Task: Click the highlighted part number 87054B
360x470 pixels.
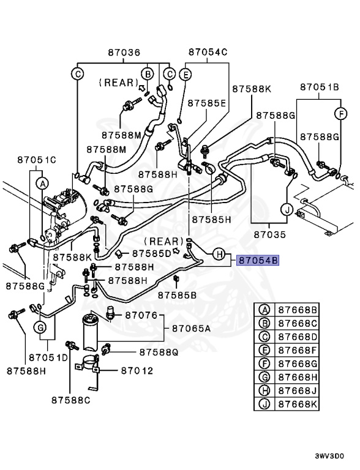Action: (x=258, y=260)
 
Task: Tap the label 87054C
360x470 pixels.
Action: (x=208, y=53)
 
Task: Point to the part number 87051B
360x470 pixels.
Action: (x=319, y=88)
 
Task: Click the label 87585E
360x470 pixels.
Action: (x=206, y=103)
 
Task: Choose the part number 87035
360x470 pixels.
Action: (x=270, y=234)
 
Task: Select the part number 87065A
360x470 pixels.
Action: (x=190, y=329)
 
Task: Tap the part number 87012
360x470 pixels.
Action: (x=137, y=370)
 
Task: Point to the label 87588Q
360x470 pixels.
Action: (x=158, y=352)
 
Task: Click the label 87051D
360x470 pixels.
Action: (x=47, y=357)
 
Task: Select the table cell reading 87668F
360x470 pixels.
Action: (x=298, y=351)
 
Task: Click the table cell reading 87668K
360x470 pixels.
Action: (x=298, y=405)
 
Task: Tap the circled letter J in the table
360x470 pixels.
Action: (x=264, y=405)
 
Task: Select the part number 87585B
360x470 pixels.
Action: (x=178, y=295)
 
